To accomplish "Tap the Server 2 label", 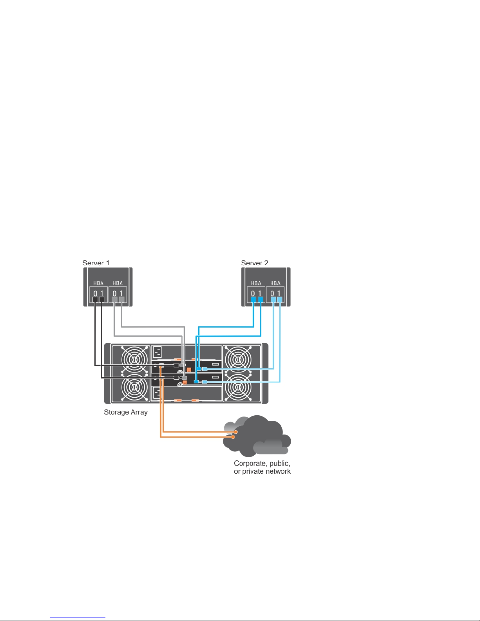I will (255, 263).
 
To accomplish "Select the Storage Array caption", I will (125, 412).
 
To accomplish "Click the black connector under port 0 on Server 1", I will (95, 300).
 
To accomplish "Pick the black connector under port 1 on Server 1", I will (101, 300).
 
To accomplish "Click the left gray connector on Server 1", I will (114, 300).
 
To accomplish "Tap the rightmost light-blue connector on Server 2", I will (279, 300).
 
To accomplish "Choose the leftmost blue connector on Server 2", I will (253, 300).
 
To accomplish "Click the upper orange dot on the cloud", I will (236, 432).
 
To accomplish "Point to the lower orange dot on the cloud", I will (234, 436).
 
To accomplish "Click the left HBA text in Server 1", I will (98, 283).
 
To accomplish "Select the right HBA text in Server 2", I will (275, 283).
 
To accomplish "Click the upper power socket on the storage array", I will (157, 352).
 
